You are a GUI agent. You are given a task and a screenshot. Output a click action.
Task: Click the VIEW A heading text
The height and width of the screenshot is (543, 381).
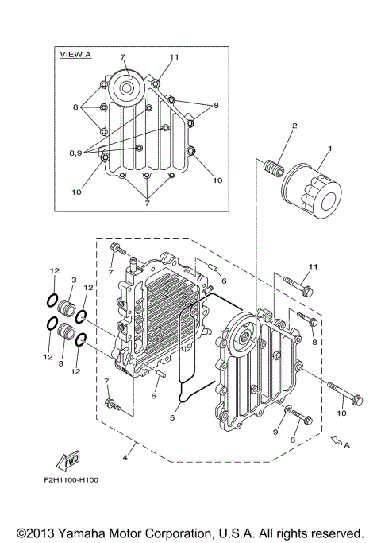pyautogui.click(x=76, y=54)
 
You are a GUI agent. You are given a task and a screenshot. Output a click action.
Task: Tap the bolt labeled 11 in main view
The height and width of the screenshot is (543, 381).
pyautogui.click(x=297, y=284)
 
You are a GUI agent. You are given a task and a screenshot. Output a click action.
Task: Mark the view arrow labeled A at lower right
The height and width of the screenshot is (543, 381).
pyautogui.click(x=337, y=438)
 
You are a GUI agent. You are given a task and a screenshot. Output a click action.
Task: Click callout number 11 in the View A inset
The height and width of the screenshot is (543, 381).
pyautogui.click(x=173, y=58)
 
